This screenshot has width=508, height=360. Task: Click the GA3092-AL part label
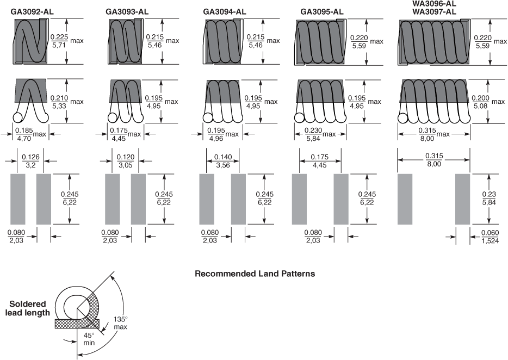(x=32, y=11)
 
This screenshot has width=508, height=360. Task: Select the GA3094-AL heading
(x=225, y=11)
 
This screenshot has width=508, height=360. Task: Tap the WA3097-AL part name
(x=434, y=11)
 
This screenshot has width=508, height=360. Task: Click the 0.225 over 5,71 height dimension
(x=59, y=41)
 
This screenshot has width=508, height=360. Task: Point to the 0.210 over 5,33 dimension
(x=59, y=102)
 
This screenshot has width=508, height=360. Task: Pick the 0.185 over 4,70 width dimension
(x=24, y=134)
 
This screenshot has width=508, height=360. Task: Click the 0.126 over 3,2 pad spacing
(x=30, y=161)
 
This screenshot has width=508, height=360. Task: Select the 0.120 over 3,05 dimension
(x=126, y=161)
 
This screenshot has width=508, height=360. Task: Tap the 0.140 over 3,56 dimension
(x=223, y=161)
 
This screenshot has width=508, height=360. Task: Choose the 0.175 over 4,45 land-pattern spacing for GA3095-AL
(x=319, y=161)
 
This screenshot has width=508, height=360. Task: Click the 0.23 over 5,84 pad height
(x=489, y=198)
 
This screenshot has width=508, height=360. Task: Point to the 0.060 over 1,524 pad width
(x=490, y=237)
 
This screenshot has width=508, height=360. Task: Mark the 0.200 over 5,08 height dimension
(x=480, y=102)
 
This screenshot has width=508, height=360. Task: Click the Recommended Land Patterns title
(x=255, y=274)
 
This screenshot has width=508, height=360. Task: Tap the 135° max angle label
(x=121, y=323)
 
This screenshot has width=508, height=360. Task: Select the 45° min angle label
(x=89, y=339)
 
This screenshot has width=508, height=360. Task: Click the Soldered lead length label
(x=28, y=308)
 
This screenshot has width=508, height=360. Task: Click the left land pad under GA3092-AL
(x=18, y=199)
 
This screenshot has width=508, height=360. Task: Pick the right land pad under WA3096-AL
(x=463, y=199)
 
